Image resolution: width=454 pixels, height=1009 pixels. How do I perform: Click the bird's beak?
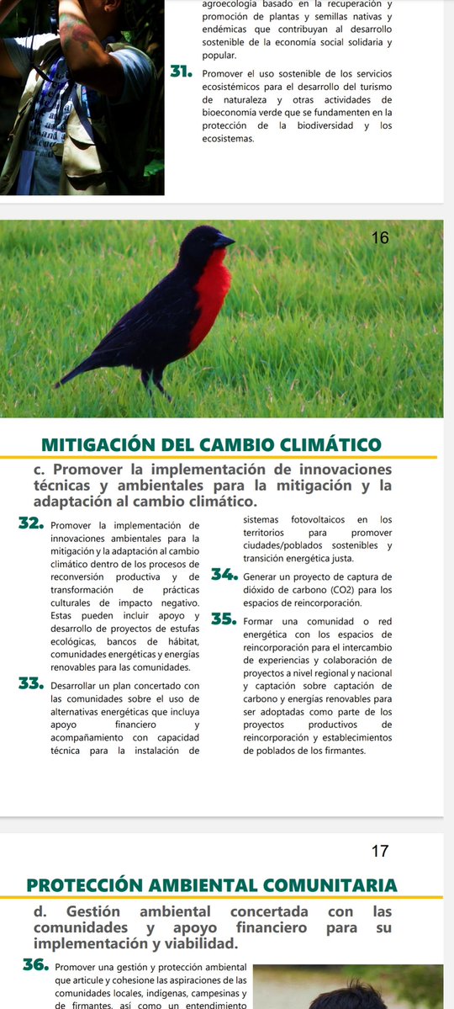coord(226,242)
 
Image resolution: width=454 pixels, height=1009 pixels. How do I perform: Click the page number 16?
coord(380,238)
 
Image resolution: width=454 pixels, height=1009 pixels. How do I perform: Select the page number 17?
coord(380,851)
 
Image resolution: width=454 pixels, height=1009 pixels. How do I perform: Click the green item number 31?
coord(184,72)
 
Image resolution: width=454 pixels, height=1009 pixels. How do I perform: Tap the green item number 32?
coord(31,524)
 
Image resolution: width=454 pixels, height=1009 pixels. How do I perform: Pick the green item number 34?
coord(224,576)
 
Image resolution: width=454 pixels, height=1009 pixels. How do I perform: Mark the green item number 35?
coord(224,619)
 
